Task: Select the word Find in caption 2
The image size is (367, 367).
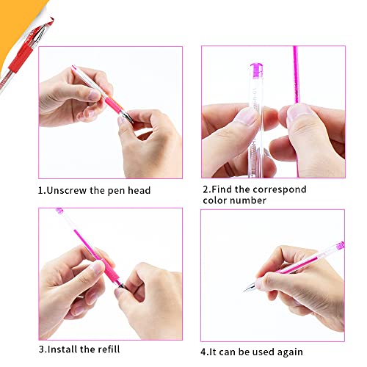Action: click(x=226, y=189)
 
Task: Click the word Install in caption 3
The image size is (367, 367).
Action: click(x=66, y=349)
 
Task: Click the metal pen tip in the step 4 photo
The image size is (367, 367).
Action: click(x=250, y=288)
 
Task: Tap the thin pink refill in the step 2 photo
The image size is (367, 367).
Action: click(x=297, y=73)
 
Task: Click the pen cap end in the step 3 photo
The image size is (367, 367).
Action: click(x=60, y=212)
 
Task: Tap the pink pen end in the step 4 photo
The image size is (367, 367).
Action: click(x=338, y=246)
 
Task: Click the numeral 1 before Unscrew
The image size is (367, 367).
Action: click(x=41, y=191)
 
